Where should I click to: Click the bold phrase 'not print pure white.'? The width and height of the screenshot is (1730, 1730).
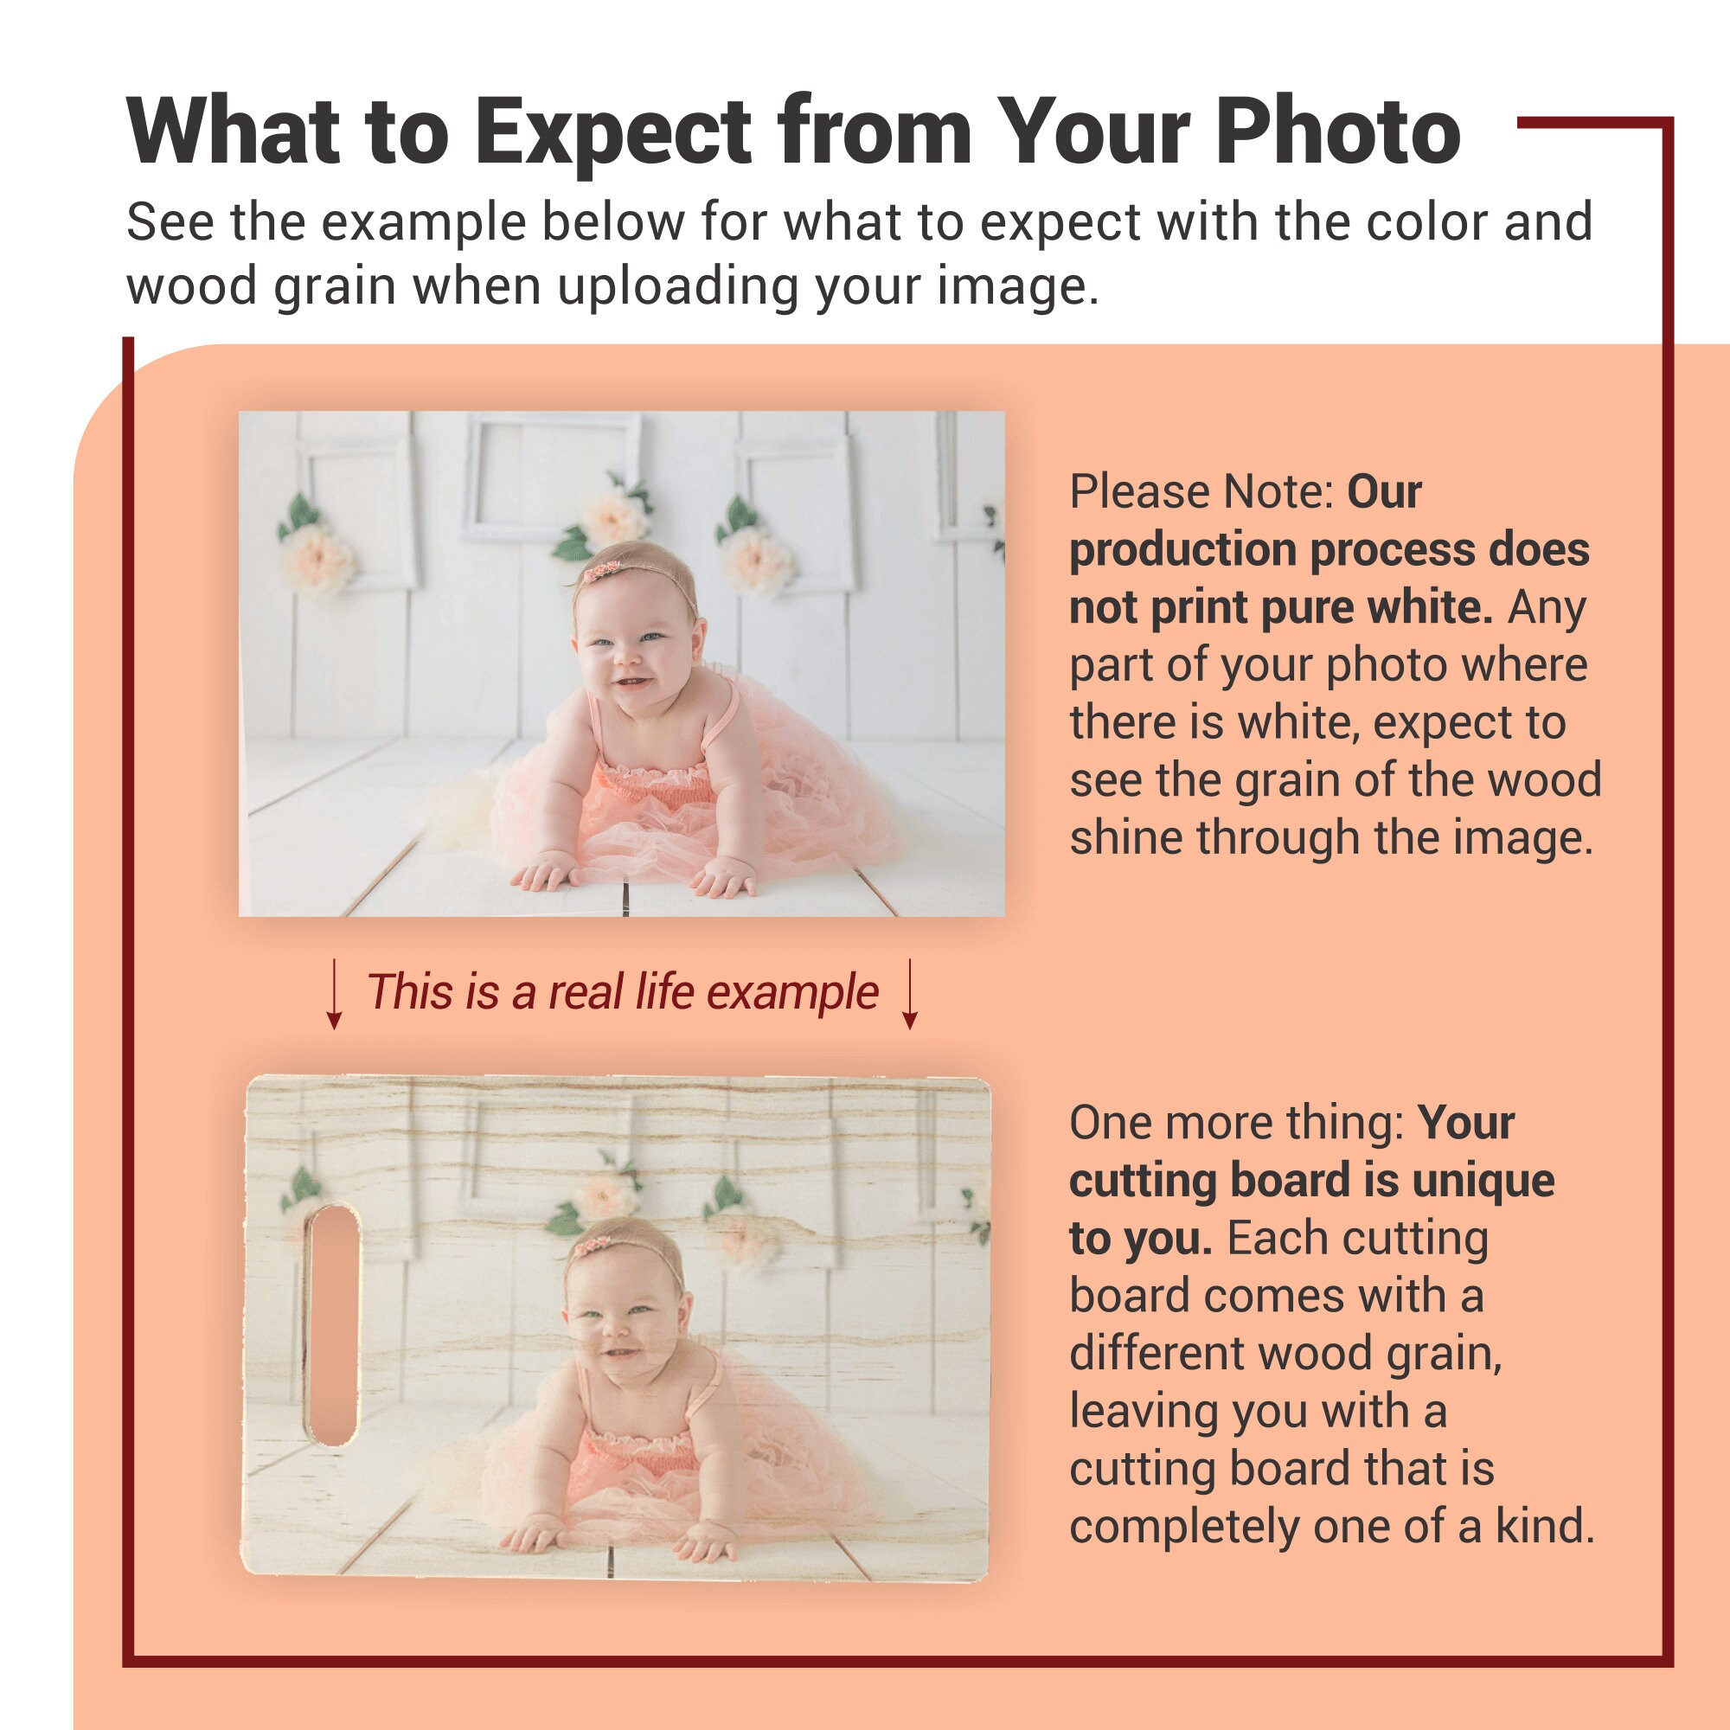coord(1281,608)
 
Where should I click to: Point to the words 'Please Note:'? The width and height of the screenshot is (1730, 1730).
coord(1201,491)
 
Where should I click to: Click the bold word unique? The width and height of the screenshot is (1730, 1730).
coord(1483,1179)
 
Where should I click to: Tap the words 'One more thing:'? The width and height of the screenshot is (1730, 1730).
coord(1237,1123)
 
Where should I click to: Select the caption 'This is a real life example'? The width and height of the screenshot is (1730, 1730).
coord(623,992)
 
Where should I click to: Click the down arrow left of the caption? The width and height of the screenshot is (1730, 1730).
coord(334,994)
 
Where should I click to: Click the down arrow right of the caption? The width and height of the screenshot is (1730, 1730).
coord(910,994)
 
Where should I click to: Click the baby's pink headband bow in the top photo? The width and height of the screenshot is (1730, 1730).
coord(602,569)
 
